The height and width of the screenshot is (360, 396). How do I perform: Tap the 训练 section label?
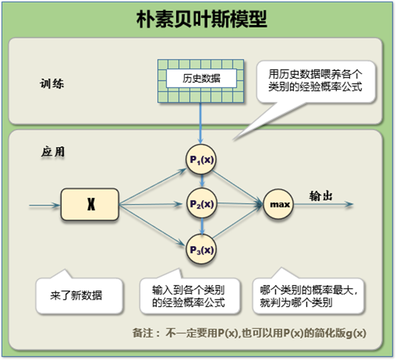(x=52, y=84)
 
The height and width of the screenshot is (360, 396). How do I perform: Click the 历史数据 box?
(x=201, y=78)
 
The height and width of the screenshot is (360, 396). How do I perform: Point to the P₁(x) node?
(x=201, y=160)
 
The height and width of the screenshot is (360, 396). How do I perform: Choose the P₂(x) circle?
(x=201, y=204)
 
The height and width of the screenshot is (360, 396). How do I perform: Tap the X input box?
(x=90, y=205)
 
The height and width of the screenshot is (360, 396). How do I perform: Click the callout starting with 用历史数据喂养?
(x=316, y=80)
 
